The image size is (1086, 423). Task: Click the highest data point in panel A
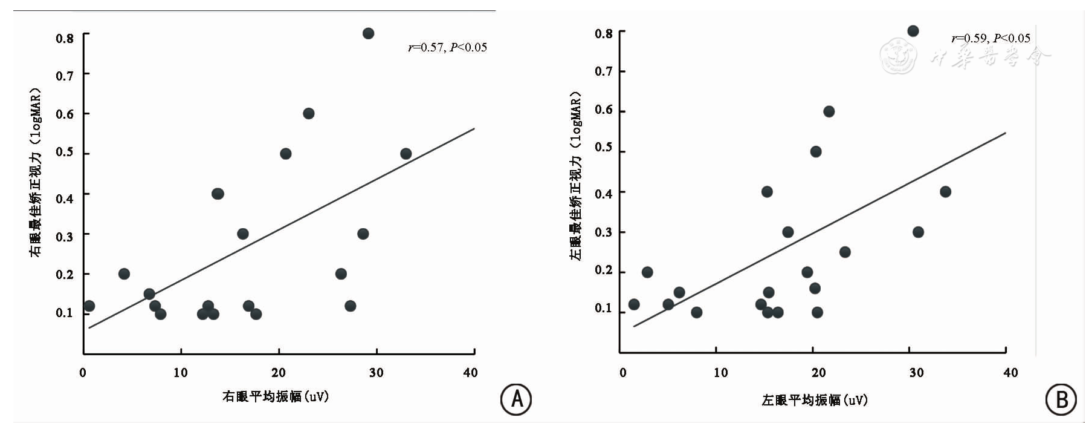pos(368,33)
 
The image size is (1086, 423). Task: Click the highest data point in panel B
pos(913,31)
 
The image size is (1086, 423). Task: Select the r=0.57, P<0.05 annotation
pos(447,47)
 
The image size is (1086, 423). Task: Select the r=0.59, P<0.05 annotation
pos(991,38)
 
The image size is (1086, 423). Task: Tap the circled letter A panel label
pos(516,399)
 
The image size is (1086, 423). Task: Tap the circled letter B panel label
pos(1061,399)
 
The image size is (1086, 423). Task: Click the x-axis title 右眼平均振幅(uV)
pos(276,396)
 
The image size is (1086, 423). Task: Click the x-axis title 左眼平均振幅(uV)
pos(815,400)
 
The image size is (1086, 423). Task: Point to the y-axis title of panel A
pos(36,172)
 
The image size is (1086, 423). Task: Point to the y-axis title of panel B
pos(575,175)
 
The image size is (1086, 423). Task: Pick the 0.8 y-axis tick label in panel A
pos(65,38)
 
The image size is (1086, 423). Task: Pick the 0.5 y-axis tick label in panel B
pos(603,148)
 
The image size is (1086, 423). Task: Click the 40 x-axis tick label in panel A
pos(470,373)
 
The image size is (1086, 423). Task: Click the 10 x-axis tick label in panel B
pos(720,373)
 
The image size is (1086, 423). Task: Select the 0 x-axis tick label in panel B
pos(623,373)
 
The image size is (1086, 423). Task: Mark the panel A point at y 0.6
pos(308,113)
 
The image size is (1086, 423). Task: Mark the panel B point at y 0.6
pos(829,111)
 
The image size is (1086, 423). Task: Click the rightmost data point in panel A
pos(406,154)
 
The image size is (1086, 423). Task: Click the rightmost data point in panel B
pos(945,192)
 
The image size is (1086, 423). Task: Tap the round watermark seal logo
pos(898,56)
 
